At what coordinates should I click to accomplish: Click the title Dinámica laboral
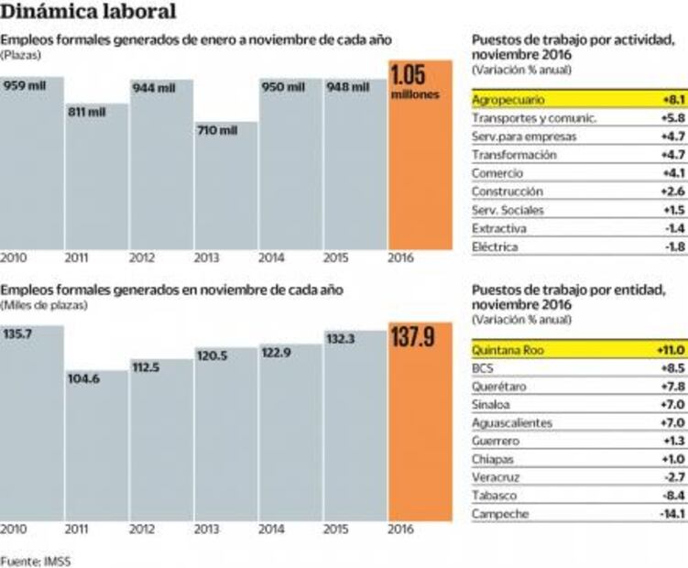(x=89, y=13)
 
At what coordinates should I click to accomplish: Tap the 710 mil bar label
(x=217, y=130)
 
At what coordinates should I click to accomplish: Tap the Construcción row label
(x=508, y=191)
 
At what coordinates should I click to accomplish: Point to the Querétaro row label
(x=500, y=386)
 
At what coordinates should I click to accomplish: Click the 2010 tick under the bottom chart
(x=13, y=529)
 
